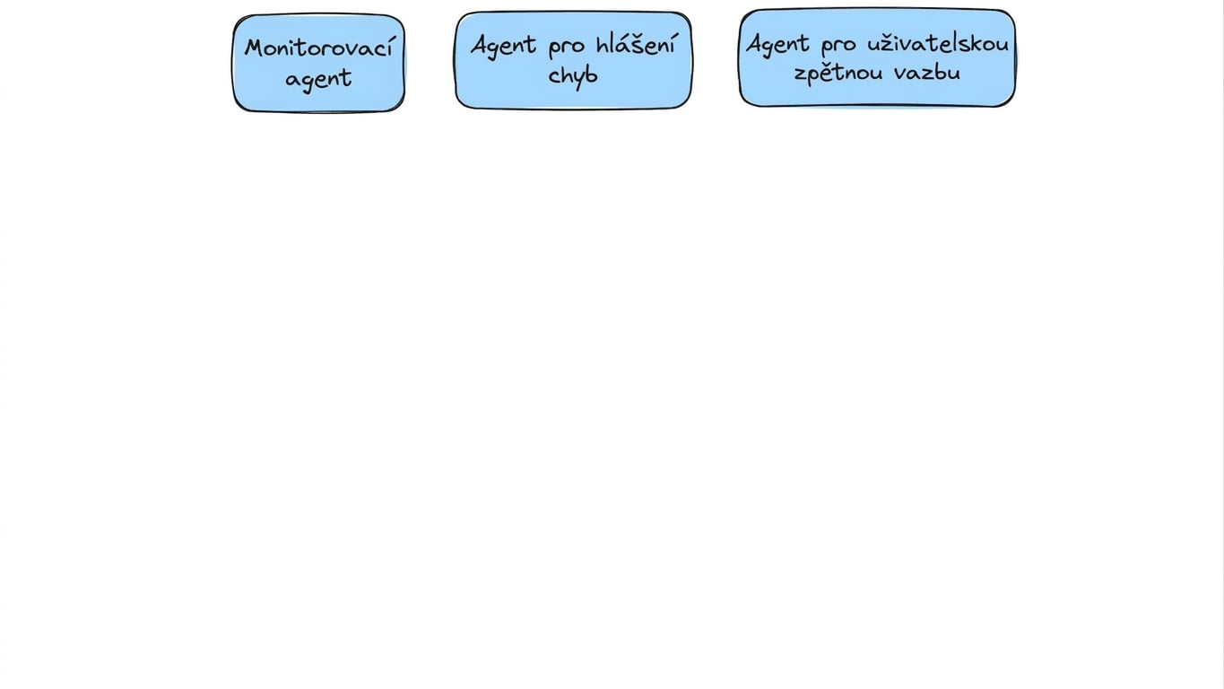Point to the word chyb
pyautogui.click(x=573, y=75)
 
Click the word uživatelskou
pyautogui.click(x=938, y=43)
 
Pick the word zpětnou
pyautogui.click(x=838, y=73)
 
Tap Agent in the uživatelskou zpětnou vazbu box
pyautogui.click(x=777, y=44)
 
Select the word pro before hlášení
pyautogui.click(x=567, y=48)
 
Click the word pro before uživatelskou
pyautogui.click(x=838, y=46)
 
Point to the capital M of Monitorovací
pyautogui.click(x=256, y=48)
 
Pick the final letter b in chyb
pyautogui.click(x=591, y=74)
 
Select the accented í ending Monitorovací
pyautogui.click(x=388, y=46)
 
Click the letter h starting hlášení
pyautogui.click(x=603, y=44)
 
